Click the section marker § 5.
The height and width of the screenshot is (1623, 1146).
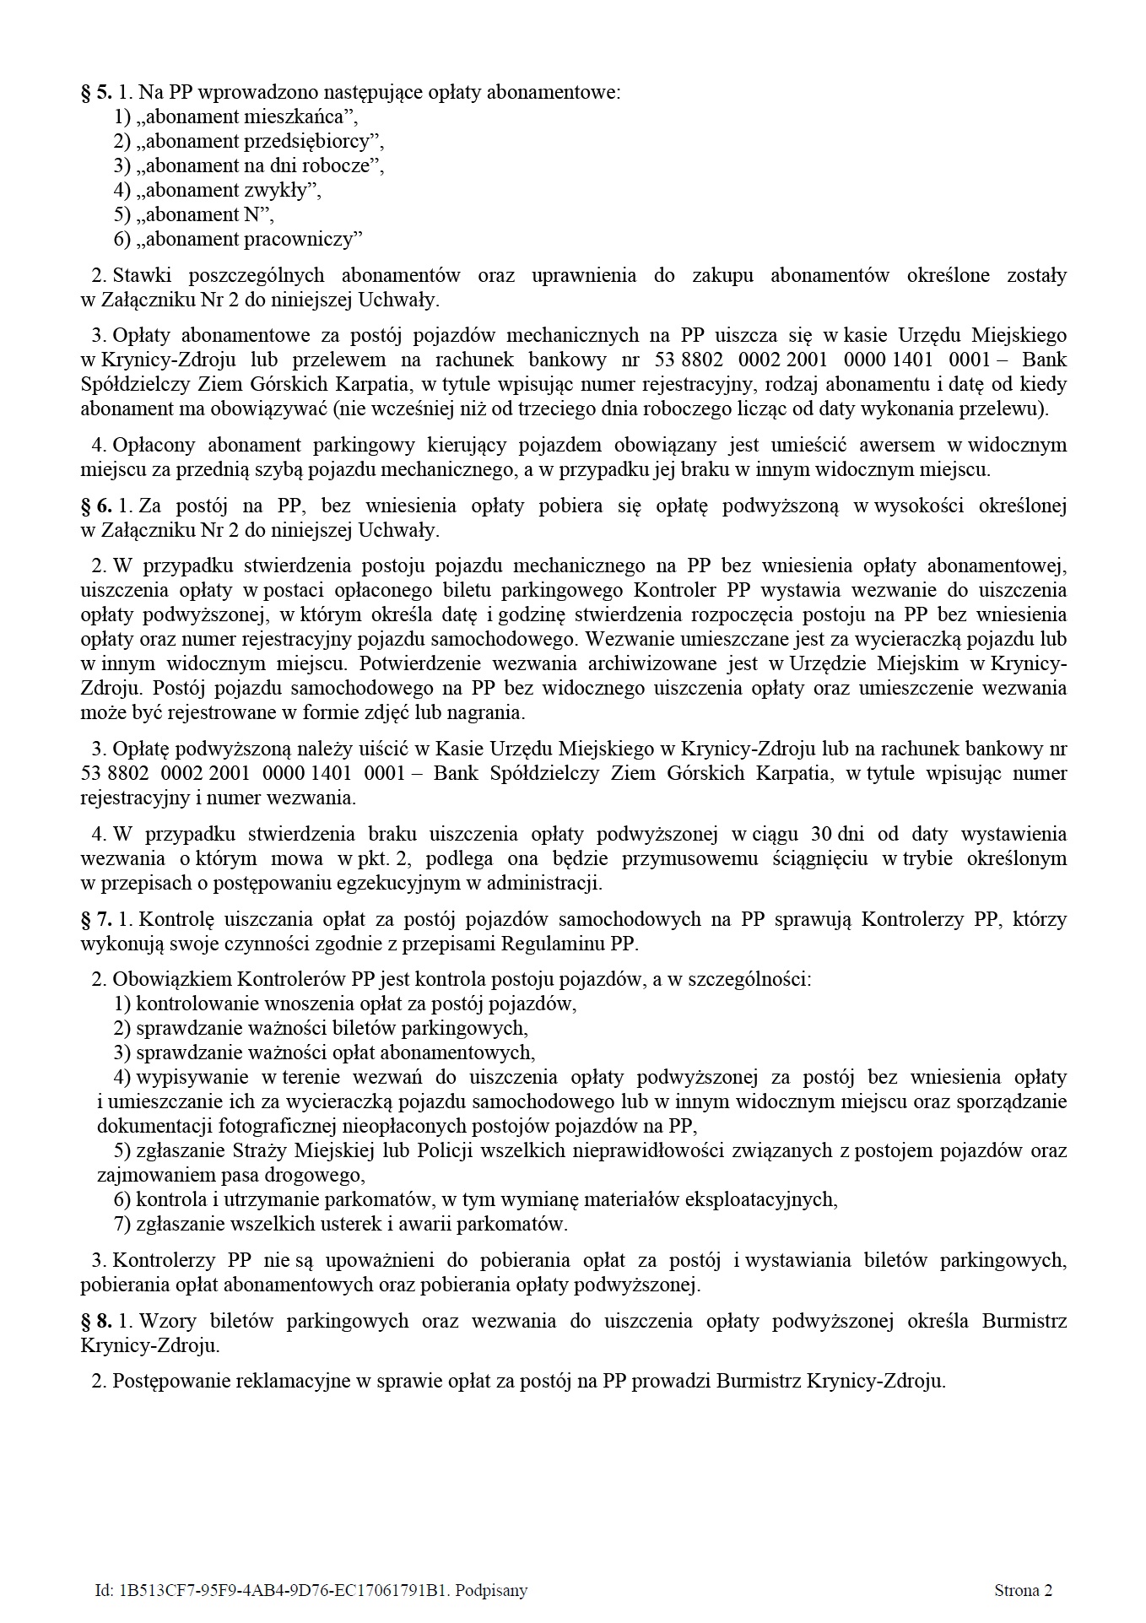pos(96,92)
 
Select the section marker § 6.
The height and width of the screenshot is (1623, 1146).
pos(96,506)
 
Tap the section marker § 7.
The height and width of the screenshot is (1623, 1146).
pos(96,919)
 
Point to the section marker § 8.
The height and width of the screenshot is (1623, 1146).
pos(96,1321)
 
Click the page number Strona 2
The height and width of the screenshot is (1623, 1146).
pos(1023,1590)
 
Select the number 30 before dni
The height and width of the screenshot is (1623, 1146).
pos(820,834)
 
